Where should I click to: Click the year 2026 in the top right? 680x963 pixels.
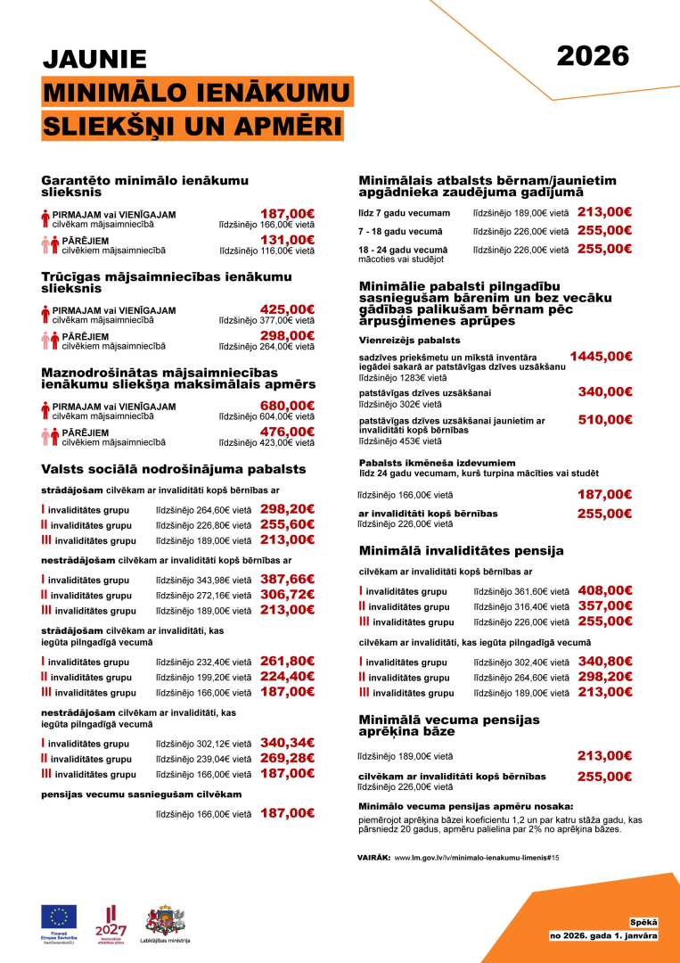coord(593,55)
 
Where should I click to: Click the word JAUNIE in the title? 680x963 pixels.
coord(95,59)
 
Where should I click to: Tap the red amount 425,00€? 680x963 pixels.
coord(286,309)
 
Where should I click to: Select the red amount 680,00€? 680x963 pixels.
coord(286,405)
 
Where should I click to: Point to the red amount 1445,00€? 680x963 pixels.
coord(601,356)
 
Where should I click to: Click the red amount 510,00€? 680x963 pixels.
coord(604,419)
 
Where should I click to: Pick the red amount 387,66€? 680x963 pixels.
coord(286,579)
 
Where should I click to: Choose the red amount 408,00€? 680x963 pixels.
coord(604,590)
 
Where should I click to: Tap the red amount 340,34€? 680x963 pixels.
coord(286,742)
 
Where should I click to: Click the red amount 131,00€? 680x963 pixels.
coord(286,240)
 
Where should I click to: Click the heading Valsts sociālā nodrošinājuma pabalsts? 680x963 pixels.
coord(174,469)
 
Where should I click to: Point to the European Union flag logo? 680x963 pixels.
coord(59,917)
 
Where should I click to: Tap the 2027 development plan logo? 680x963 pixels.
coord(111,922)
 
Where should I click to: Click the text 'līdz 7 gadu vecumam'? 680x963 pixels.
coord(405,213)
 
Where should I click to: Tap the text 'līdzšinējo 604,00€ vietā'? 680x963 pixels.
coord(266,416)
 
